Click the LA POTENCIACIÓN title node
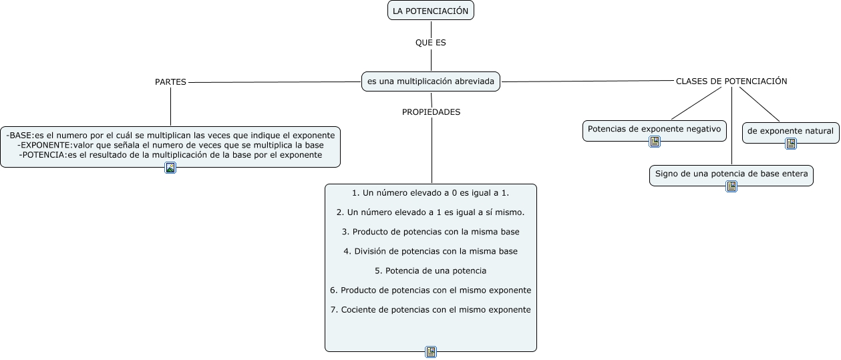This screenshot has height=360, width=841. coord(430,11)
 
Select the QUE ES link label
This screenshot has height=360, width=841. coord(430,42)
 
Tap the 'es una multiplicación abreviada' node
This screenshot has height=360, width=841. coord(431,81)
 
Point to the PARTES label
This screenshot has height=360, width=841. coord(170,81)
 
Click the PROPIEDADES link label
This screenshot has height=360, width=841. coord(431,112)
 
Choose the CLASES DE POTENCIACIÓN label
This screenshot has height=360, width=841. coord(731,81)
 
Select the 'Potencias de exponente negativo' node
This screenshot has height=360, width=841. coord(655,128)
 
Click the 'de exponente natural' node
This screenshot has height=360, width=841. coord(790,131)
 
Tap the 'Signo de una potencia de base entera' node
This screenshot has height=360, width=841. coord(731,174)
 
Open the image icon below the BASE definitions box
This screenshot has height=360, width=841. coord(170,168)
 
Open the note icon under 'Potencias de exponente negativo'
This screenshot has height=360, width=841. coord(655,142)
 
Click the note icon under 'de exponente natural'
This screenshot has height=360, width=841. coord(791,144)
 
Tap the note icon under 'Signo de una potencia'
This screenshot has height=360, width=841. coord(731,186)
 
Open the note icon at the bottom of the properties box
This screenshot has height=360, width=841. coord(431,352)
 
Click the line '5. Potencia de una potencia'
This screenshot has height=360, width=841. coord(431,271)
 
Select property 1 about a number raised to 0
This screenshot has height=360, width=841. coord(431,193)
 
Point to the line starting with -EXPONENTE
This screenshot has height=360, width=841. coord(171,144)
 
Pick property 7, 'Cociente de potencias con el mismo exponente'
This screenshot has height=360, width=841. coord(431,309)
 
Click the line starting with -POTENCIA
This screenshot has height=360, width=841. coord(170,154)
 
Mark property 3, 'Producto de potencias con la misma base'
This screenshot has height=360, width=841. coord(431,232)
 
